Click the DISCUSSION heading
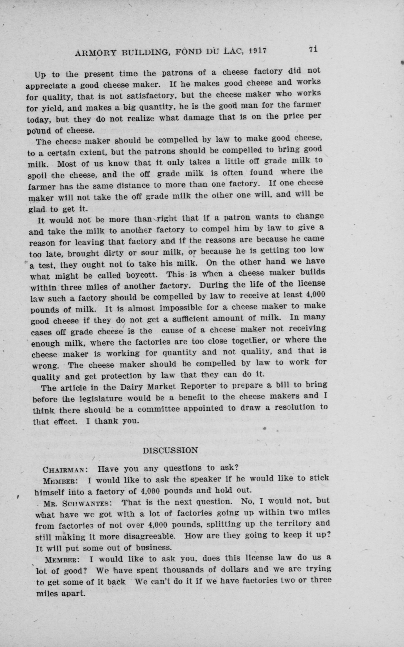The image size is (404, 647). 170,450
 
